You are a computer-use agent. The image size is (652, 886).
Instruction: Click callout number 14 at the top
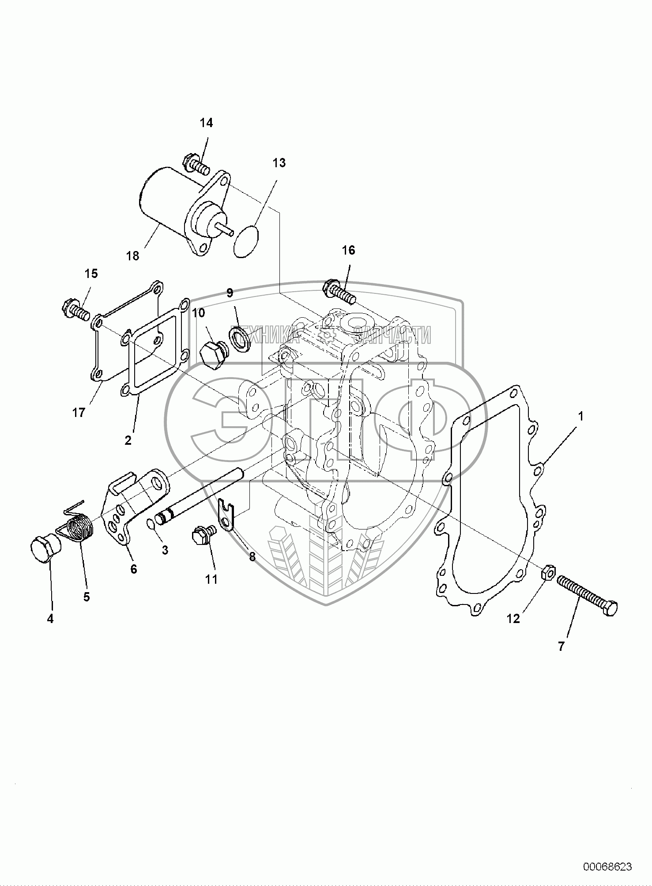tap(206, 123)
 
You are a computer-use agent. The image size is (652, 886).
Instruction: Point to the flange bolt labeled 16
tap(339, 291)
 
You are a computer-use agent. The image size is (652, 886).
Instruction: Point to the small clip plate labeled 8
tap(226, 513)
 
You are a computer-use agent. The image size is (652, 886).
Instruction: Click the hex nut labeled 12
tap(547, 572)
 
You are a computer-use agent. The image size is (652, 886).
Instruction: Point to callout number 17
tap(79, 414)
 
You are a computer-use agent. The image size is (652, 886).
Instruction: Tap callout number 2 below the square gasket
tap(128, 440)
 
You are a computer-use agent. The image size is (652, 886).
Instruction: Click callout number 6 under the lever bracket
tap(134, 569)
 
